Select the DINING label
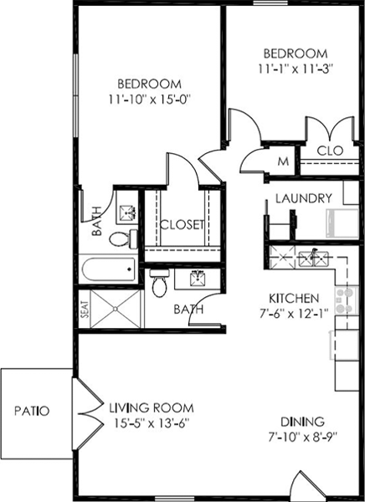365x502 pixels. [x=303, y=421]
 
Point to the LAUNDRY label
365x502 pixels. [x=304, y=198]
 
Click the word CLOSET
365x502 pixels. [x=182, y=224]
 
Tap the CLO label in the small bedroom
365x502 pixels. [x=327, y=151]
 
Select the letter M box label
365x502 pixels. [x=283, y=161]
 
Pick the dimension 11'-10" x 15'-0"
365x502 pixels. [x=150, y=100]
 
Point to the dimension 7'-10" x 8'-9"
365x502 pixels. [x=303, y=436]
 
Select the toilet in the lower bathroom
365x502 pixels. [x=159, y=284]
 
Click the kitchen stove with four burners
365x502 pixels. [x=344, y=300]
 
